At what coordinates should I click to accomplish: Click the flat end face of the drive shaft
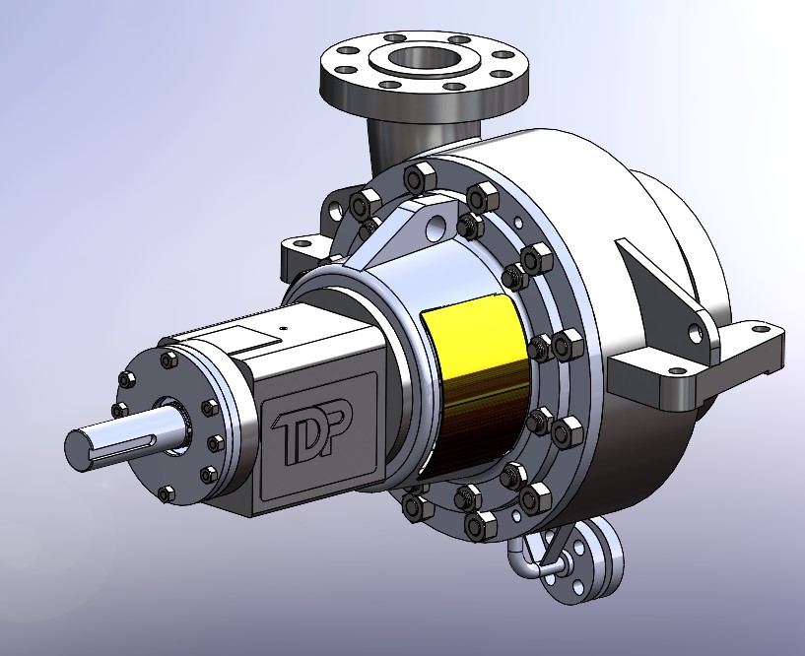click(78, 448)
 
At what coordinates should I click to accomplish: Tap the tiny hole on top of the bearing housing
click(283, 328)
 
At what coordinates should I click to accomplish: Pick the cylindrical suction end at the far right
click(690, 236)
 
